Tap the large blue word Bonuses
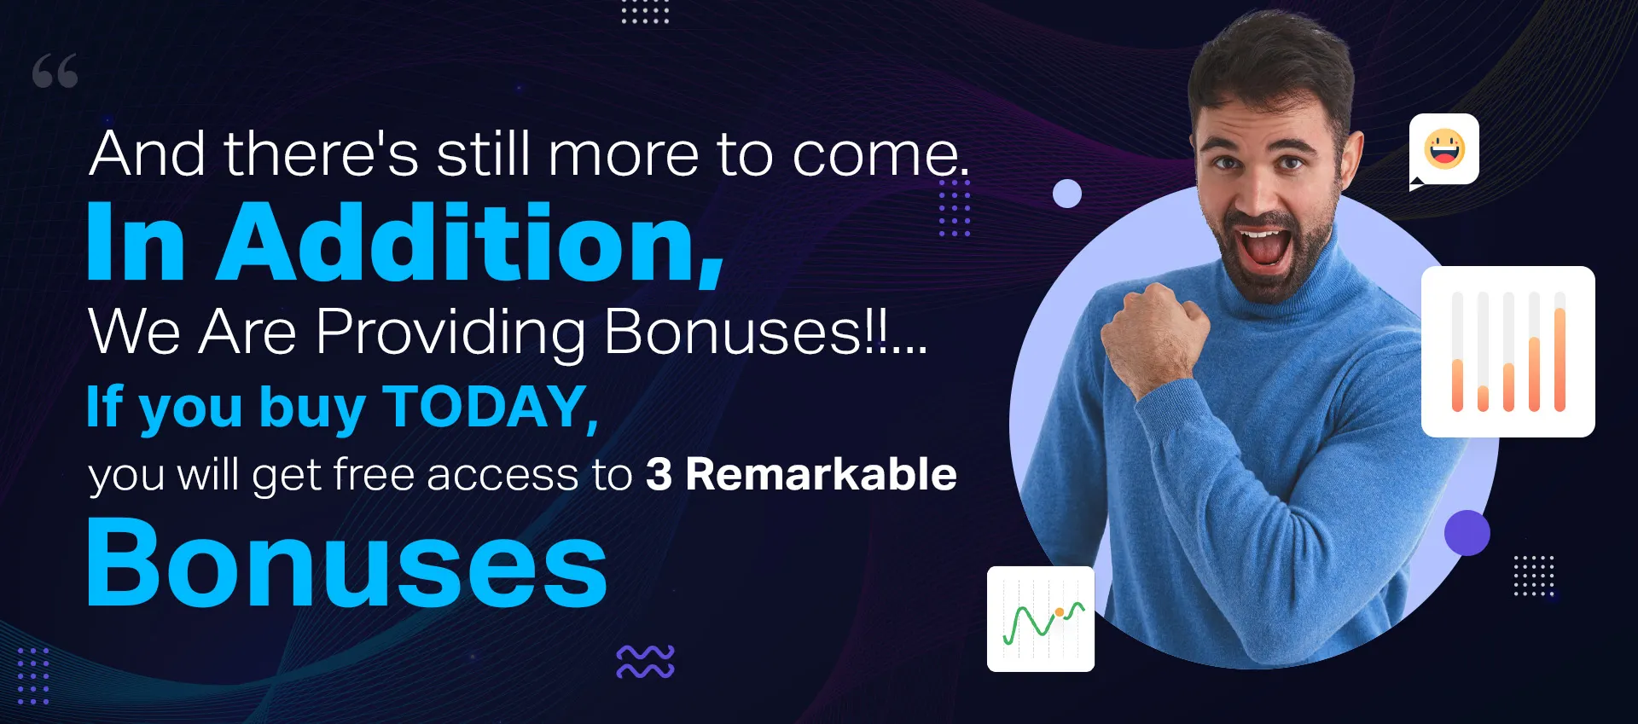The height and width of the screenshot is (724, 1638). pyautogui.click(x=346, y=564)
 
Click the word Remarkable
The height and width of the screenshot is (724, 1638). pyautogui.click(x=821, y=474)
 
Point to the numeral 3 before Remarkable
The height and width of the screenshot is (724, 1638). pyautogui.click(x=659, y=475)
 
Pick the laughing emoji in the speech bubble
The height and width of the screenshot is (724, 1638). pyautogui.click(x=1444, y=148)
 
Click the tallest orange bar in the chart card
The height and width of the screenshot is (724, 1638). pyautogui.click(x=1560, y=359)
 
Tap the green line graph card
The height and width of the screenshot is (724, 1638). pyautogui.click(x=1041, y=619)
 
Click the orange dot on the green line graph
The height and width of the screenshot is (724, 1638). pyautogui.click(x=1060, y=611)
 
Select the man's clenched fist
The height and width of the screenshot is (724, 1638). pyautogui.click(x=1153, y=331)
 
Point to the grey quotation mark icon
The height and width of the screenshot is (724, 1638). pyautogui.click(x=55, y=71)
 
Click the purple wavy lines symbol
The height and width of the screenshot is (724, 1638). pyautogui.click(x=645, y=662)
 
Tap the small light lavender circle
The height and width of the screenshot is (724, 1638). pyautogui.click(x=1067, y=194)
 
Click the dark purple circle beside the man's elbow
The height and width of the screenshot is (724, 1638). pyautogui.click(x=1467, y=533)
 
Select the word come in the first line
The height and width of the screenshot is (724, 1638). pyautogui.click(x=880, y=156)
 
